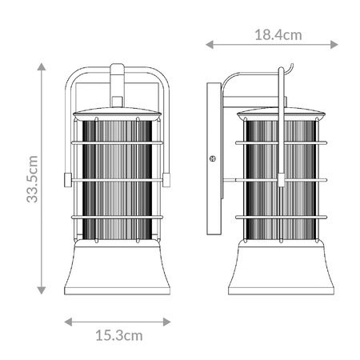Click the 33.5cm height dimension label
(x=32, y=179)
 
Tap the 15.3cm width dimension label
(x=119, y=335)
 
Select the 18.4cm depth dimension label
(x=278, y=35)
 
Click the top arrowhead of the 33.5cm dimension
(x=42, y=66)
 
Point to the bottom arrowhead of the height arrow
(x=42, y=290)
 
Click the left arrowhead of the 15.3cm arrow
(x=69, y=322)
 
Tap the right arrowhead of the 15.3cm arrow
(x=166, y=322)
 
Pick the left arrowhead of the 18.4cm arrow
(x=210, y=45)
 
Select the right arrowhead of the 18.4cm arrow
(x=334, y=45)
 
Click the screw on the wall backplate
(x=213, y=158)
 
